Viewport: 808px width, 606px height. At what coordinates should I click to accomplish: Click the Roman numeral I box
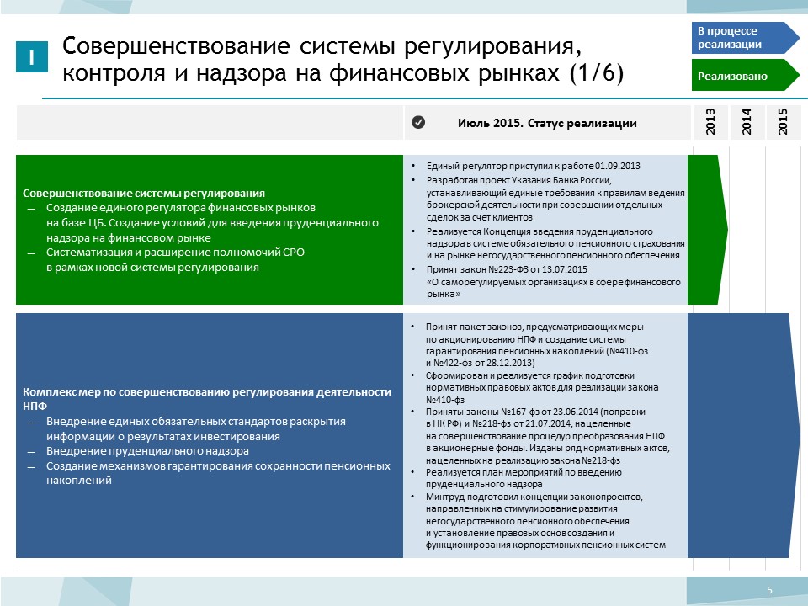[31, 56]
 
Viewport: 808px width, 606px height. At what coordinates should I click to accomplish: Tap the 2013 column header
[710, 123]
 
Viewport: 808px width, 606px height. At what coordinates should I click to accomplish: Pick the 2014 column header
[747, 123]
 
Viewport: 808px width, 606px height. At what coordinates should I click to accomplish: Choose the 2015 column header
[783, 123]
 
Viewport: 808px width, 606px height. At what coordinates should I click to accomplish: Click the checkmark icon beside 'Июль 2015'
[418, 123]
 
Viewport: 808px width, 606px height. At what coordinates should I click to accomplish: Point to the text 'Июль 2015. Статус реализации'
[547, 123]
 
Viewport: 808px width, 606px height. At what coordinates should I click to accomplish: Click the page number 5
[768, 589]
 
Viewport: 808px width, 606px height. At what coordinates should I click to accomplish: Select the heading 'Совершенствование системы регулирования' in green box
[144, 192]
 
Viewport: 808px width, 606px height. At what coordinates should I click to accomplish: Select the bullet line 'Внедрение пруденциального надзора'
[147, 451]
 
